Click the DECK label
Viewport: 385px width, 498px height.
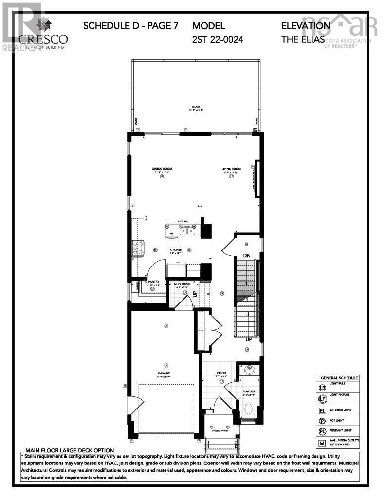[x=196, y=107]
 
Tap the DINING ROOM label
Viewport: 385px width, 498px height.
[x=162, y=169]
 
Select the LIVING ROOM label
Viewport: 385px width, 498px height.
[x=232, y=169]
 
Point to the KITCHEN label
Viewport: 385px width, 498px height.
[x=176, y=249]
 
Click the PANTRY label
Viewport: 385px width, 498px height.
[x=154, y=282]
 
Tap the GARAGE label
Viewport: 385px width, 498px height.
[x=166, y=373]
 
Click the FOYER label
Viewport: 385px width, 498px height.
[x=222, y=373]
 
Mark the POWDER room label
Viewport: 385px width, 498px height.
[x=249, y=391]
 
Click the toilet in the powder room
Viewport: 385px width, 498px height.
[x=248, y=408]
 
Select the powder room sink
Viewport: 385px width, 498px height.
[x=250, y=371]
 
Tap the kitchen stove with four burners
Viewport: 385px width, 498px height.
[x=137, y=248]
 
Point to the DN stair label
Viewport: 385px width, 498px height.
[x=247, y=256]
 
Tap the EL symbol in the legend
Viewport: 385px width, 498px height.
[x=322, y=410]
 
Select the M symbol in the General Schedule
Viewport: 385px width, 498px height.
[x=322, y=443]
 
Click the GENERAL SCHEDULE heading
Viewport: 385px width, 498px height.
[x=339, y=378]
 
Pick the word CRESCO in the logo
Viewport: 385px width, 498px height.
[x=43, y=39]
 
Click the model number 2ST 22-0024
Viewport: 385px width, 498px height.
[x=218, y=40]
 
